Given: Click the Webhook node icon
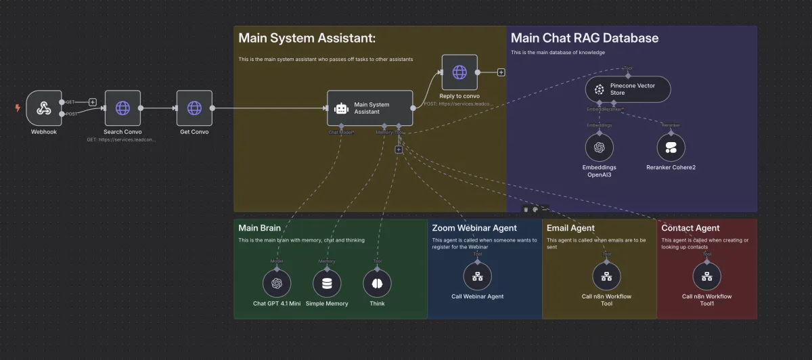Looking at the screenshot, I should [43, 108].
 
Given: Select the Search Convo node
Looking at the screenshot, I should [122, 108].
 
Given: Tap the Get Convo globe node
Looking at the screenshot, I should [194, 108].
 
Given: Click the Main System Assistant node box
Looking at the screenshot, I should [369, 108].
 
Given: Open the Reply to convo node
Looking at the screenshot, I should [459, 72].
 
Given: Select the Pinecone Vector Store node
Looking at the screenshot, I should [628, 89].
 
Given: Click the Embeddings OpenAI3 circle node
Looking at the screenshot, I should [599, 147].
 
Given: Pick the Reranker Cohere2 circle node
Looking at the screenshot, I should [671, 147].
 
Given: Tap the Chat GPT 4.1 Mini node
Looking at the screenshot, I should [276, 284].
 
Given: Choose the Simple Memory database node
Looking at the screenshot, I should [327, 284].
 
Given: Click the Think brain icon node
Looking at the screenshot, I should [378, 284].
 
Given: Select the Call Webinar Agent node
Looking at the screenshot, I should [477, 276].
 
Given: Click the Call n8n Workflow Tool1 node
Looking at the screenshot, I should [706, 276].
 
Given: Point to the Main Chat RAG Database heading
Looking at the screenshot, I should [584, 39].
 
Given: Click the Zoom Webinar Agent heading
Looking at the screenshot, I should [474, 228].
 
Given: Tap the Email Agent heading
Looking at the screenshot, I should [570, 228].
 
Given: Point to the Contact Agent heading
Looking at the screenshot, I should [690, 228].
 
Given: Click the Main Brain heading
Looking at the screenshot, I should [259, 228].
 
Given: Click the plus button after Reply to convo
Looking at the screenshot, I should [501, 72].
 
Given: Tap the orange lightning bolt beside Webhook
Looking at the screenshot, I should [18, 108].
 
